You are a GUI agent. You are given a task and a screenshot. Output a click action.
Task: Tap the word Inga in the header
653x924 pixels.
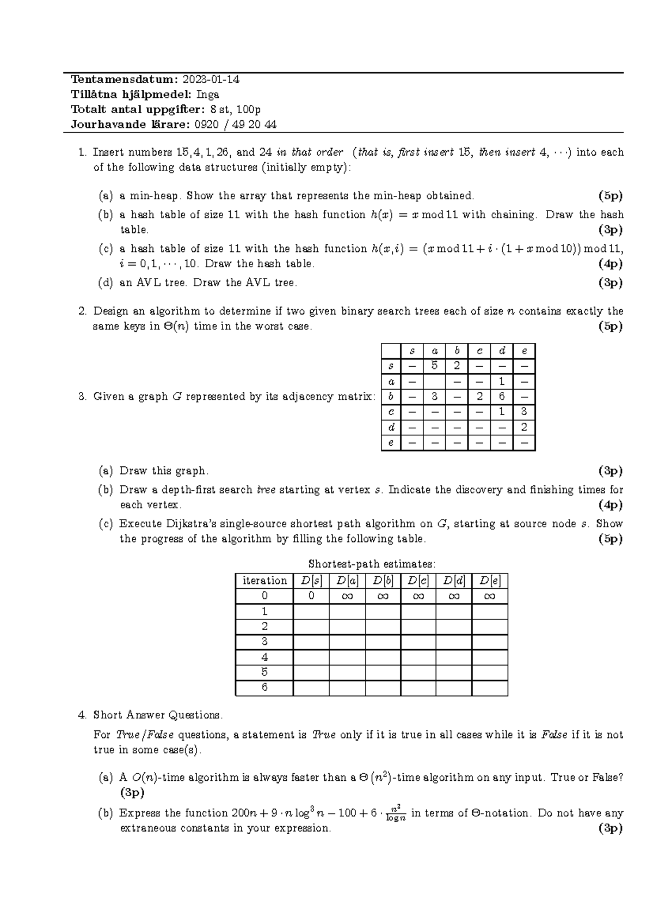click(x=208, y=94)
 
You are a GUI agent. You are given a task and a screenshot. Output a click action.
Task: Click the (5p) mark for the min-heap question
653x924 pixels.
click(x=610, y=195)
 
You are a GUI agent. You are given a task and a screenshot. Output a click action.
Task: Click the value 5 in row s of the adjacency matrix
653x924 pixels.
click(x=434, y=366)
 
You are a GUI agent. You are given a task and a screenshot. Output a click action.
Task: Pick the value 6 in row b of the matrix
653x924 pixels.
click(x=502, y=397)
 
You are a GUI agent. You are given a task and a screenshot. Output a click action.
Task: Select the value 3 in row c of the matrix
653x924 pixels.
click(x=524, y=412)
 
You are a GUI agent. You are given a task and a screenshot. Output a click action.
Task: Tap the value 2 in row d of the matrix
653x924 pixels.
click(x=524, y=427)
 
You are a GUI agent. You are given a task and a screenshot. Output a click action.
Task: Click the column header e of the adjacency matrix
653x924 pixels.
click(x=524, y=352)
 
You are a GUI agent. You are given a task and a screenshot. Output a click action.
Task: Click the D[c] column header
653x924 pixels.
click(x=418, y=581)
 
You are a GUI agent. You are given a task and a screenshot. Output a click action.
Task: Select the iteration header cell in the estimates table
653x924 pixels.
click(x=264, y=581)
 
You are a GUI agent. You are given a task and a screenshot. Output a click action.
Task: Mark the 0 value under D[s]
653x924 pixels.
click(x=311, y=596)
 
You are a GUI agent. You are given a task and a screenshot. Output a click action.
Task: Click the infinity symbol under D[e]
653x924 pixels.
click(x=489, y=596)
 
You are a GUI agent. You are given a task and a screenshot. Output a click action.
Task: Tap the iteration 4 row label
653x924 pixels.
click(x=264, y=657)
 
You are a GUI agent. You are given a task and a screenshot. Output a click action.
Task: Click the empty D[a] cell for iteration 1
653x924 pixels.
click(x=347, y=611)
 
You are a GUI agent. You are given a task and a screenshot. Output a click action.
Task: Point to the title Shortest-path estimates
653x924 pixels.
click(x=372, y=564)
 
